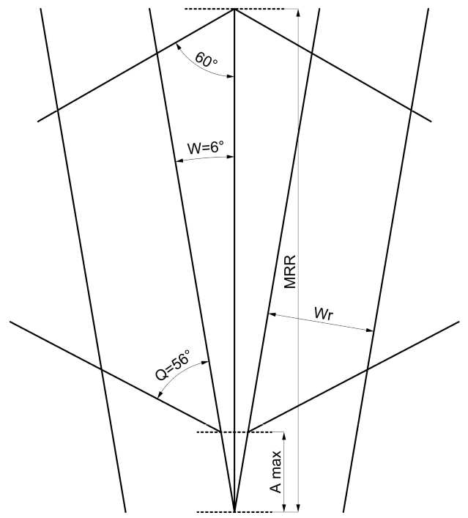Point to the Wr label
[x=325, y=314]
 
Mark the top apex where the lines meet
[x=234, y=9]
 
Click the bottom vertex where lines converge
[x=234, y=511]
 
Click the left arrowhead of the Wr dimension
[x=270, y=314]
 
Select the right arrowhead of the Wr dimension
[x=371, y=331]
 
